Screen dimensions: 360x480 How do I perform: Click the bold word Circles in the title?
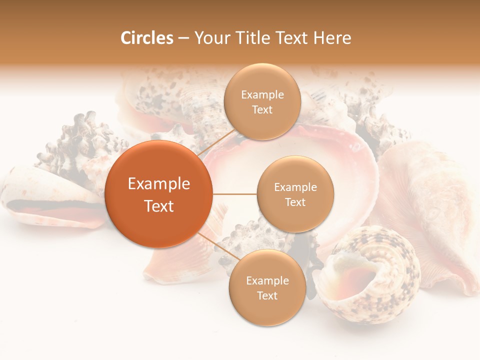tap(146, 38)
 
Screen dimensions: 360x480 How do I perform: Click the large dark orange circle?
tap(158, 194)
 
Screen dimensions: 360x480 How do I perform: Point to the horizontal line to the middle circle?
tap(234, 194)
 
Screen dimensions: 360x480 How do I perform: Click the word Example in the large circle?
tap(158, 184)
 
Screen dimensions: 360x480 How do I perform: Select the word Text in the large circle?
tap(158, 206)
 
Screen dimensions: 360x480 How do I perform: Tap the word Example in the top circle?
tap(262, 95)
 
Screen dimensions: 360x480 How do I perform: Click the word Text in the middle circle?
tap(295, 202)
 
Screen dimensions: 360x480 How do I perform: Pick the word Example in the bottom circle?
tap(267, 280)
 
